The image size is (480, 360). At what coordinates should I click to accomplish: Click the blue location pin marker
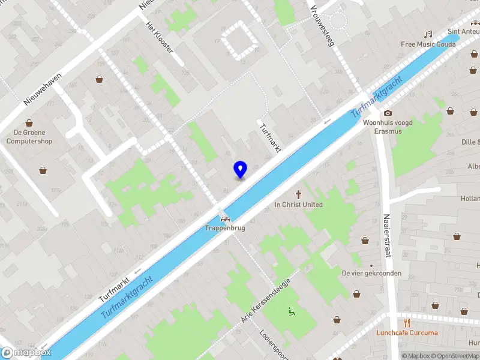pos(240,170)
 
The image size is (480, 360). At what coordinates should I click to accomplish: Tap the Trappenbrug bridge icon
pos(225,220)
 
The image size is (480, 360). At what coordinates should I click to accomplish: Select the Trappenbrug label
pos(225,229)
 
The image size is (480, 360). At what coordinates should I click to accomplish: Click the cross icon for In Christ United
pos(298,194)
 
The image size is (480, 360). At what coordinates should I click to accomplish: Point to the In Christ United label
pos(298,205)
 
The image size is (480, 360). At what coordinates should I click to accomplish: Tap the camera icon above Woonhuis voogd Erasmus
pos(388,113)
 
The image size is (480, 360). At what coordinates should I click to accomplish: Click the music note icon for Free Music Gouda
pos(428,35)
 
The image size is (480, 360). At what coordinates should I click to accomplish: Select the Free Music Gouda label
pos(428,44)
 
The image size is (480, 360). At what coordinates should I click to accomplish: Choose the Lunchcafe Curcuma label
pos(407,332)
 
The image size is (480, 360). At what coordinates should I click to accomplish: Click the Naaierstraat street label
pos(386,236)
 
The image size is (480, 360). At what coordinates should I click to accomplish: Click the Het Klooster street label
pos(160,37)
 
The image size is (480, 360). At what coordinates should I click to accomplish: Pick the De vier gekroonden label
pos(371,273)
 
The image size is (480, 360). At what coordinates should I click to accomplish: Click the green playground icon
pos(292,311)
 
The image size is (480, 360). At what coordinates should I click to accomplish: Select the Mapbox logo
pos(26,353)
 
